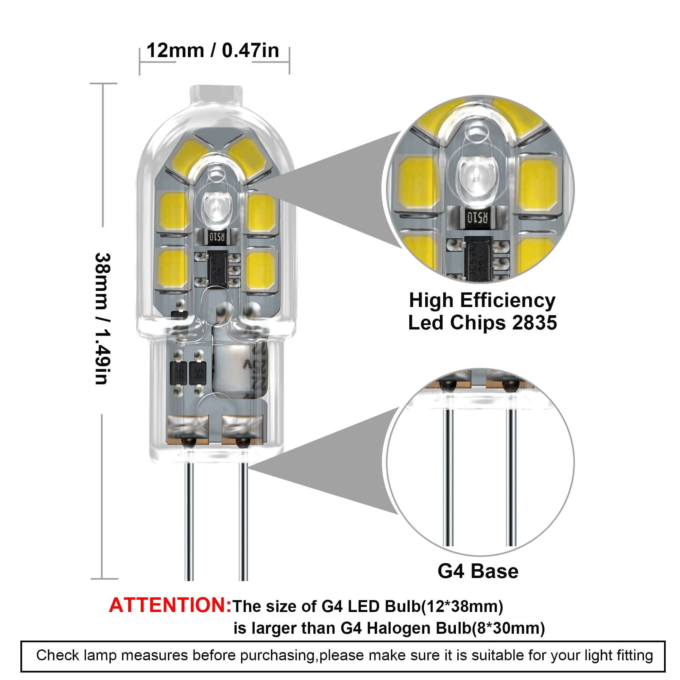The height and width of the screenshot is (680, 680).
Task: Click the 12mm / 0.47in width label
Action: pyautogui.click(x=213, y=50)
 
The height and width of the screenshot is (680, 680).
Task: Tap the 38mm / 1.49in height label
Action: pyautogui.click(x=103, y=319)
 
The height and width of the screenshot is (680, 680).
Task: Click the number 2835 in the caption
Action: pyautogui.click(x=534, y=322)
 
